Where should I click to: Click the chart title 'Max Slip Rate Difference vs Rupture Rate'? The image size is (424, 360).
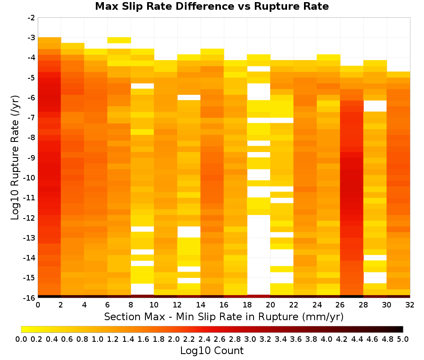click(212, 6)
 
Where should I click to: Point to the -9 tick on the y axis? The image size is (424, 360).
click(32, 158)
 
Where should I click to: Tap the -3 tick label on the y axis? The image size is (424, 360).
click(32, 38)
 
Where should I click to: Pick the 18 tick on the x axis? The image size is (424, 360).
click(247, 305)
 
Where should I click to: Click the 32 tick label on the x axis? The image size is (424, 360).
click(410, 305)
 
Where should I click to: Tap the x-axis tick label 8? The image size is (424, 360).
click(131, 305)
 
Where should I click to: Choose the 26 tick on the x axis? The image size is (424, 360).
click(340, 305)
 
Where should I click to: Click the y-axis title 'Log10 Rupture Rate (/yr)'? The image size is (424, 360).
click(15, 158)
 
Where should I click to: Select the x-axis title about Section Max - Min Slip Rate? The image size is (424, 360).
click(224, 317)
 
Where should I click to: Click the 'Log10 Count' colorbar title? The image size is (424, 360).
click(212, 351)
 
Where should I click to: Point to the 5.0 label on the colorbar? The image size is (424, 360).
click(403, 339)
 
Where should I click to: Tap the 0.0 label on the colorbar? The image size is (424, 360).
click(21, 339)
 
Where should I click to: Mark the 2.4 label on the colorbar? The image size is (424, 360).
click(204, 339)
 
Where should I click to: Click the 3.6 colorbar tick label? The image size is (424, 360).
click(296, 339)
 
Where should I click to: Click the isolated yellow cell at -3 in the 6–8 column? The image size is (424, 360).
click(119, 40)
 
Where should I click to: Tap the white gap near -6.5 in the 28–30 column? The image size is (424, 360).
click(375, 106)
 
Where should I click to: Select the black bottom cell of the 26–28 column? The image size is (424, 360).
click(352, 296)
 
